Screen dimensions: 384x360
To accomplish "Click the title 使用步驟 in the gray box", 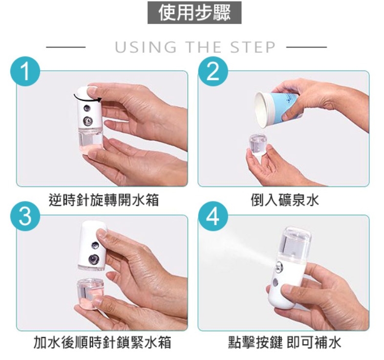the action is click(x=194, y=13).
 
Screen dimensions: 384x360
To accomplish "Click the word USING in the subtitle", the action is click(x=146, y=47).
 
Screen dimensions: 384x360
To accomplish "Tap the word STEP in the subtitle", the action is click(x=253, y=47).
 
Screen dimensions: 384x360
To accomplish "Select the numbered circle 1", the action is click(x=25, y=71).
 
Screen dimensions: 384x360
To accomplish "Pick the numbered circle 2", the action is click(x=213, y=71).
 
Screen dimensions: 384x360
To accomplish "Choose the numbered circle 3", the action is click(x=25, y=216).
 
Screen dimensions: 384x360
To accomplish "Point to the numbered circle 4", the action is click(x=213, y=216).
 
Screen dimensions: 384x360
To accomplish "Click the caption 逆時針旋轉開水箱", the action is click(x=104, y=200).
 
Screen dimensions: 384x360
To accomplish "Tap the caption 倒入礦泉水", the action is click(x=285, y=200).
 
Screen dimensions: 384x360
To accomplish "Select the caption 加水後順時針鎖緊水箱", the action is click(x=102, y=342).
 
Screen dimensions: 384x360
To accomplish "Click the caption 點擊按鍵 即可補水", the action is click(x=284, y=342).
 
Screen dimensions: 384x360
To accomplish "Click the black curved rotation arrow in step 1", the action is click(x=87, y=99).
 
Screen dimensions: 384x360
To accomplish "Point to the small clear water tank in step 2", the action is click(x=258, y=144).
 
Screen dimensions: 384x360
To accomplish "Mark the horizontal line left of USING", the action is click(x=65, y=47).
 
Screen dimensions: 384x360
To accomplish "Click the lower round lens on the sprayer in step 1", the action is click(x=87, y=120).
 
